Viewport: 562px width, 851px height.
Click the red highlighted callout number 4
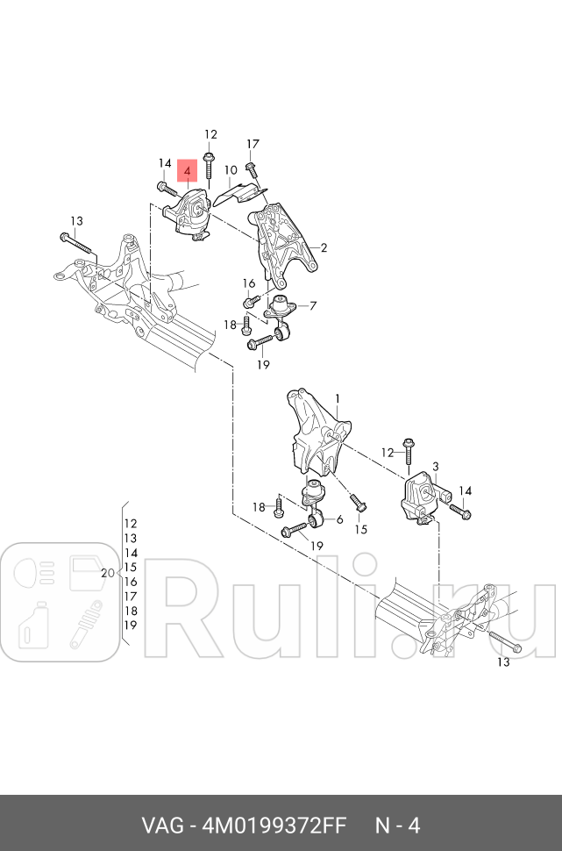point(187,171)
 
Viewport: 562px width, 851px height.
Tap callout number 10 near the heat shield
point(231,170)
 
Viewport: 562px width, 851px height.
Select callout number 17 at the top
point(253,144)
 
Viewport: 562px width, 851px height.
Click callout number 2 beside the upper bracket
point(324,248)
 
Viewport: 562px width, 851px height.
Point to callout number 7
point(313,306)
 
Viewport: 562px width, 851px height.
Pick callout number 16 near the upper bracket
point(249,283)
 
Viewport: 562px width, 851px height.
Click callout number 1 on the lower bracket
point(338,399)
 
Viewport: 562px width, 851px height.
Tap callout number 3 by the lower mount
point(435,466)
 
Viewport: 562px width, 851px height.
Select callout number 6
point(339,519)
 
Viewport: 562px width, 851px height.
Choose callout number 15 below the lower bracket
point(360,529)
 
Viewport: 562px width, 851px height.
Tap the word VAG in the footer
point(162,826)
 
